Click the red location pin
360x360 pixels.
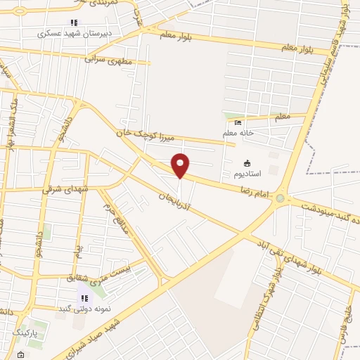pyautogui.click(x=181, y=165)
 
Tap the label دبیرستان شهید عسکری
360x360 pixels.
pyautogui.click(x=65, y=33)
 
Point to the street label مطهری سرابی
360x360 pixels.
pyautogui.click(x=110, y=59)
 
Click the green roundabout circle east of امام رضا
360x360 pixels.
pyautogui.click(x=281, y=199)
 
